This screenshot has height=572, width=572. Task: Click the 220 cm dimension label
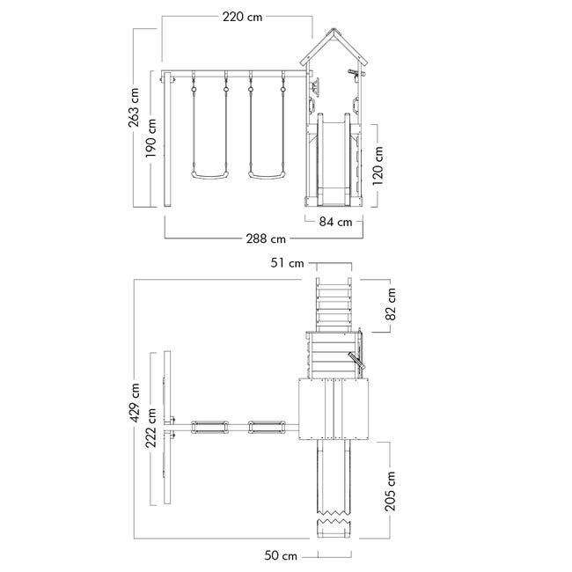tap(242, 17)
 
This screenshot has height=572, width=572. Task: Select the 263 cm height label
tap(134, 107)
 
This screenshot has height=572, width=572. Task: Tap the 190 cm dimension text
tap(150, 138)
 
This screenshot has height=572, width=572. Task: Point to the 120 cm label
tap(378, 165)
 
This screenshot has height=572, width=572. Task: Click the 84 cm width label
tap(335, 222)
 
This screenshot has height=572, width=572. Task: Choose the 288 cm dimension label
tap(266, 239)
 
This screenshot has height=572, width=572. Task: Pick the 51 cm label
tap(287, 263)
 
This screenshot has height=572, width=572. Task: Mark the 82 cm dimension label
tap(391, 304)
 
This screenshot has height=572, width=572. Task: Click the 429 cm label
tap(135, 402)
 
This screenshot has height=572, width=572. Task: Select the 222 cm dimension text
tap(150, 428)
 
